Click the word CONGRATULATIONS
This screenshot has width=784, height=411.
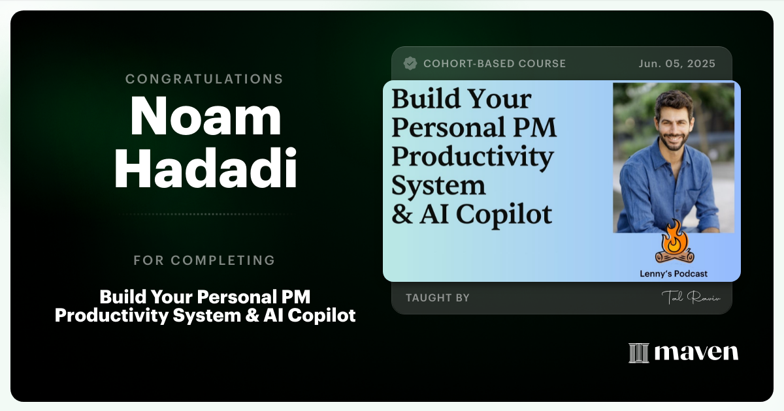click(x=204, y=79)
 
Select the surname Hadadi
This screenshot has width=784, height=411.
click(x=205, y=168)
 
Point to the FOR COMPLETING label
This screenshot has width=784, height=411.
click(x=204, y=260)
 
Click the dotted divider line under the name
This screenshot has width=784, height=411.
click(x=204, y=214)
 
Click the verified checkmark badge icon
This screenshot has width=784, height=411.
click(x=410, y=63)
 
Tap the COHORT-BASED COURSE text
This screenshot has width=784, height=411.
click(x=495, y=63)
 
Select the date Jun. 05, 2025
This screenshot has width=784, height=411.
click(x=677, y=63)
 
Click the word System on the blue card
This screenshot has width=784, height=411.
click(x=438, y=185)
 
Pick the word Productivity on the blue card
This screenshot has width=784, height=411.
click(x=472, y=157)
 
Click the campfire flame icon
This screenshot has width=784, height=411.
click(x=673, y=241)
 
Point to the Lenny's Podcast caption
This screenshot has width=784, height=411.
click(x=674, y=274)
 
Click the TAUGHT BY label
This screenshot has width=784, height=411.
click(x=438, y=297)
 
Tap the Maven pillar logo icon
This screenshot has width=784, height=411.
click(x=638, y=353)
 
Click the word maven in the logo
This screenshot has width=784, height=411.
click(x=696, y=353)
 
